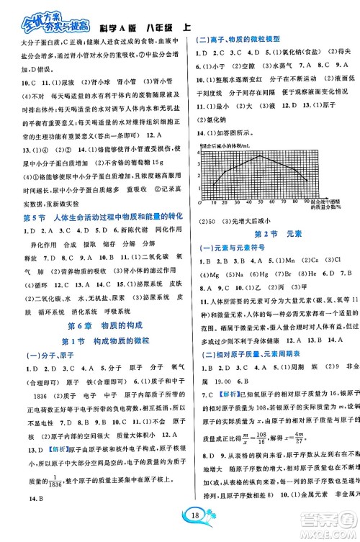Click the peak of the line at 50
[x=261, y=155]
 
